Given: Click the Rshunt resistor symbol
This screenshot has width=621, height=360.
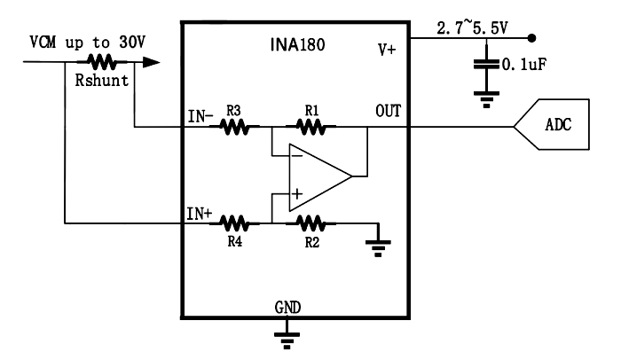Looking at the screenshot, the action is pos(102,62).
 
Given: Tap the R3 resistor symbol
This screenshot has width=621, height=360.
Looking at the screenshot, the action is pos(234,127).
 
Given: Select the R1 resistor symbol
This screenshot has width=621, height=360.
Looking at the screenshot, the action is pos(310,127).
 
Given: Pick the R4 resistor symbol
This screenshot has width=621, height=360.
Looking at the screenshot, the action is pos(234,223).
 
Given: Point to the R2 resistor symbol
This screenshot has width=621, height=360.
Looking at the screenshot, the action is pos(310,223).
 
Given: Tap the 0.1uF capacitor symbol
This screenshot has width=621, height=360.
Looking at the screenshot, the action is pos(486,64).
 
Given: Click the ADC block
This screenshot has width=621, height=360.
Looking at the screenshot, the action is pos(551,125).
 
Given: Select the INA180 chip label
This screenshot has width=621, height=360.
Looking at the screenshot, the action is pos(297,44).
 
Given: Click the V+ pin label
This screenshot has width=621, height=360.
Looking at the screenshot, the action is pos(387,51).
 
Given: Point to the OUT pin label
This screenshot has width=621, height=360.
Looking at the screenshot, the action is pos(389,111).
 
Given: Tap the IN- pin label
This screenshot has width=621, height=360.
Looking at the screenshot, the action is pos(200,116).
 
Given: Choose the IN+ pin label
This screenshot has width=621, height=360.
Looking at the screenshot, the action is pos(200,214).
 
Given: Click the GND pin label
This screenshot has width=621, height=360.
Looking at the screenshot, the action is pos(288,308).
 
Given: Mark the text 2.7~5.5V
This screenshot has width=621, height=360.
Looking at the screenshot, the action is pos(472,28).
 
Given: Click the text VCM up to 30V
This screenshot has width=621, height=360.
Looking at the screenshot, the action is pos(88,42).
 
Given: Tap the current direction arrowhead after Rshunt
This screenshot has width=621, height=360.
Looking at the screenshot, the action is pos(151,62).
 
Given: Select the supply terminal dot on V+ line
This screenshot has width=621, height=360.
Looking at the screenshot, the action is pos(532,38).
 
